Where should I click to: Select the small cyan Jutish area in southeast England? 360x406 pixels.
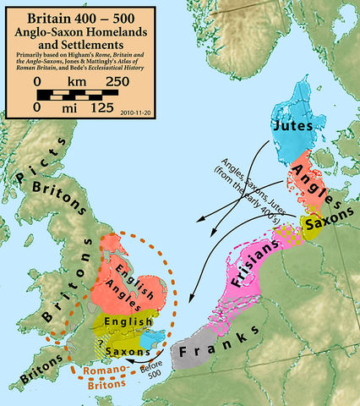[x=150, y=339]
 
